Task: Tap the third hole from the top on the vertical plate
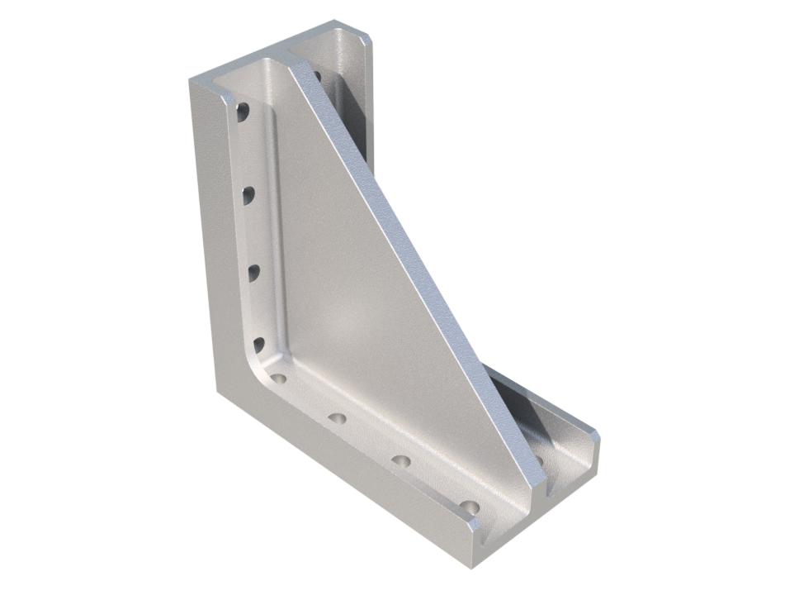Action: click(254, 271)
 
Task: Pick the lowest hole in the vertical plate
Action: click(259, 344)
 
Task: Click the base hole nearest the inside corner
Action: click(279, 379)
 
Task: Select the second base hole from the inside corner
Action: click(336, 418)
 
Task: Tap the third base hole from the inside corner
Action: click(401, 460)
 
